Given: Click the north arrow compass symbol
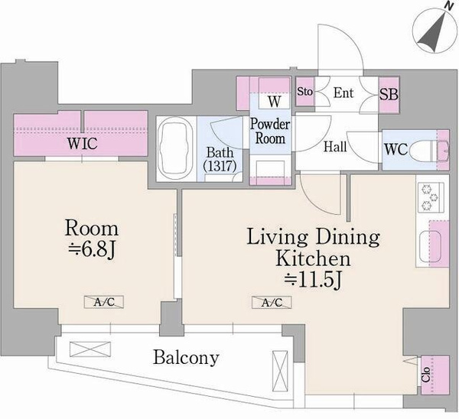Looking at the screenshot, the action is (x=435, y=31).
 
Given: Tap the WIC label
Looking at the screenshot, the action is (x=83, y=144).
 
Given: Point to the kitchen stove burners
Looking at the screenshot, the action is (x=430, y=197).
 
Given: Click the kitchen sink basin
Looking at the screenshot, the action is (x=430, y=246).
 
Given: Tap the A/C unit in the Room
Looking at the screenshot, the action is (x=104, y=302).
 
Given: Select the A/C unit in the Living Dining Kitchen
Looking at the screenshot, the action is (x=272, y=302).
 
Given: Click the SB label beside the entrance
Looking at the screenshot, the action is (x=389, y=94).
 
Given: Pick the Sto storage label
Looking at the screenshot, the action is (x=305, y=92).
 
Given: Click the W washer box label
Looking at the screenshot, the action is (x=275, y=101).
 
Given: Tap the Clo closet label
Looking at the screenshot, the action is (x=426, y=375).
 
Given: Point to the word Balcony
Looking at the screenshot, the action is (x=186, y=357).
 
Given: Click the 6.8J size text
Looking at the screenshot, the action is (x=93, y=250).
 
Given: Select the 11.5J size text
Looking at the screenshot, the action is (x=313, y=281).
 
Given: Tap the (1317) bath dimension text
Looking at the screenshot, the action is (x=220, y=166).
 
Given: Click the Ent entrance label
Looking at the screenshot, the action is (x=343, y=93).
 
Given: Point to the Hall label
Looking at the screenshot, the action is (x=335, y=147).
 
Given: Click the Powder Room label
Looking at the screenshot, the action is (x=270, y=132).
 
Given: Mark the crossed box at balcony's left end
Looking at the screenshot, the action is (x=90, y=349).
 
